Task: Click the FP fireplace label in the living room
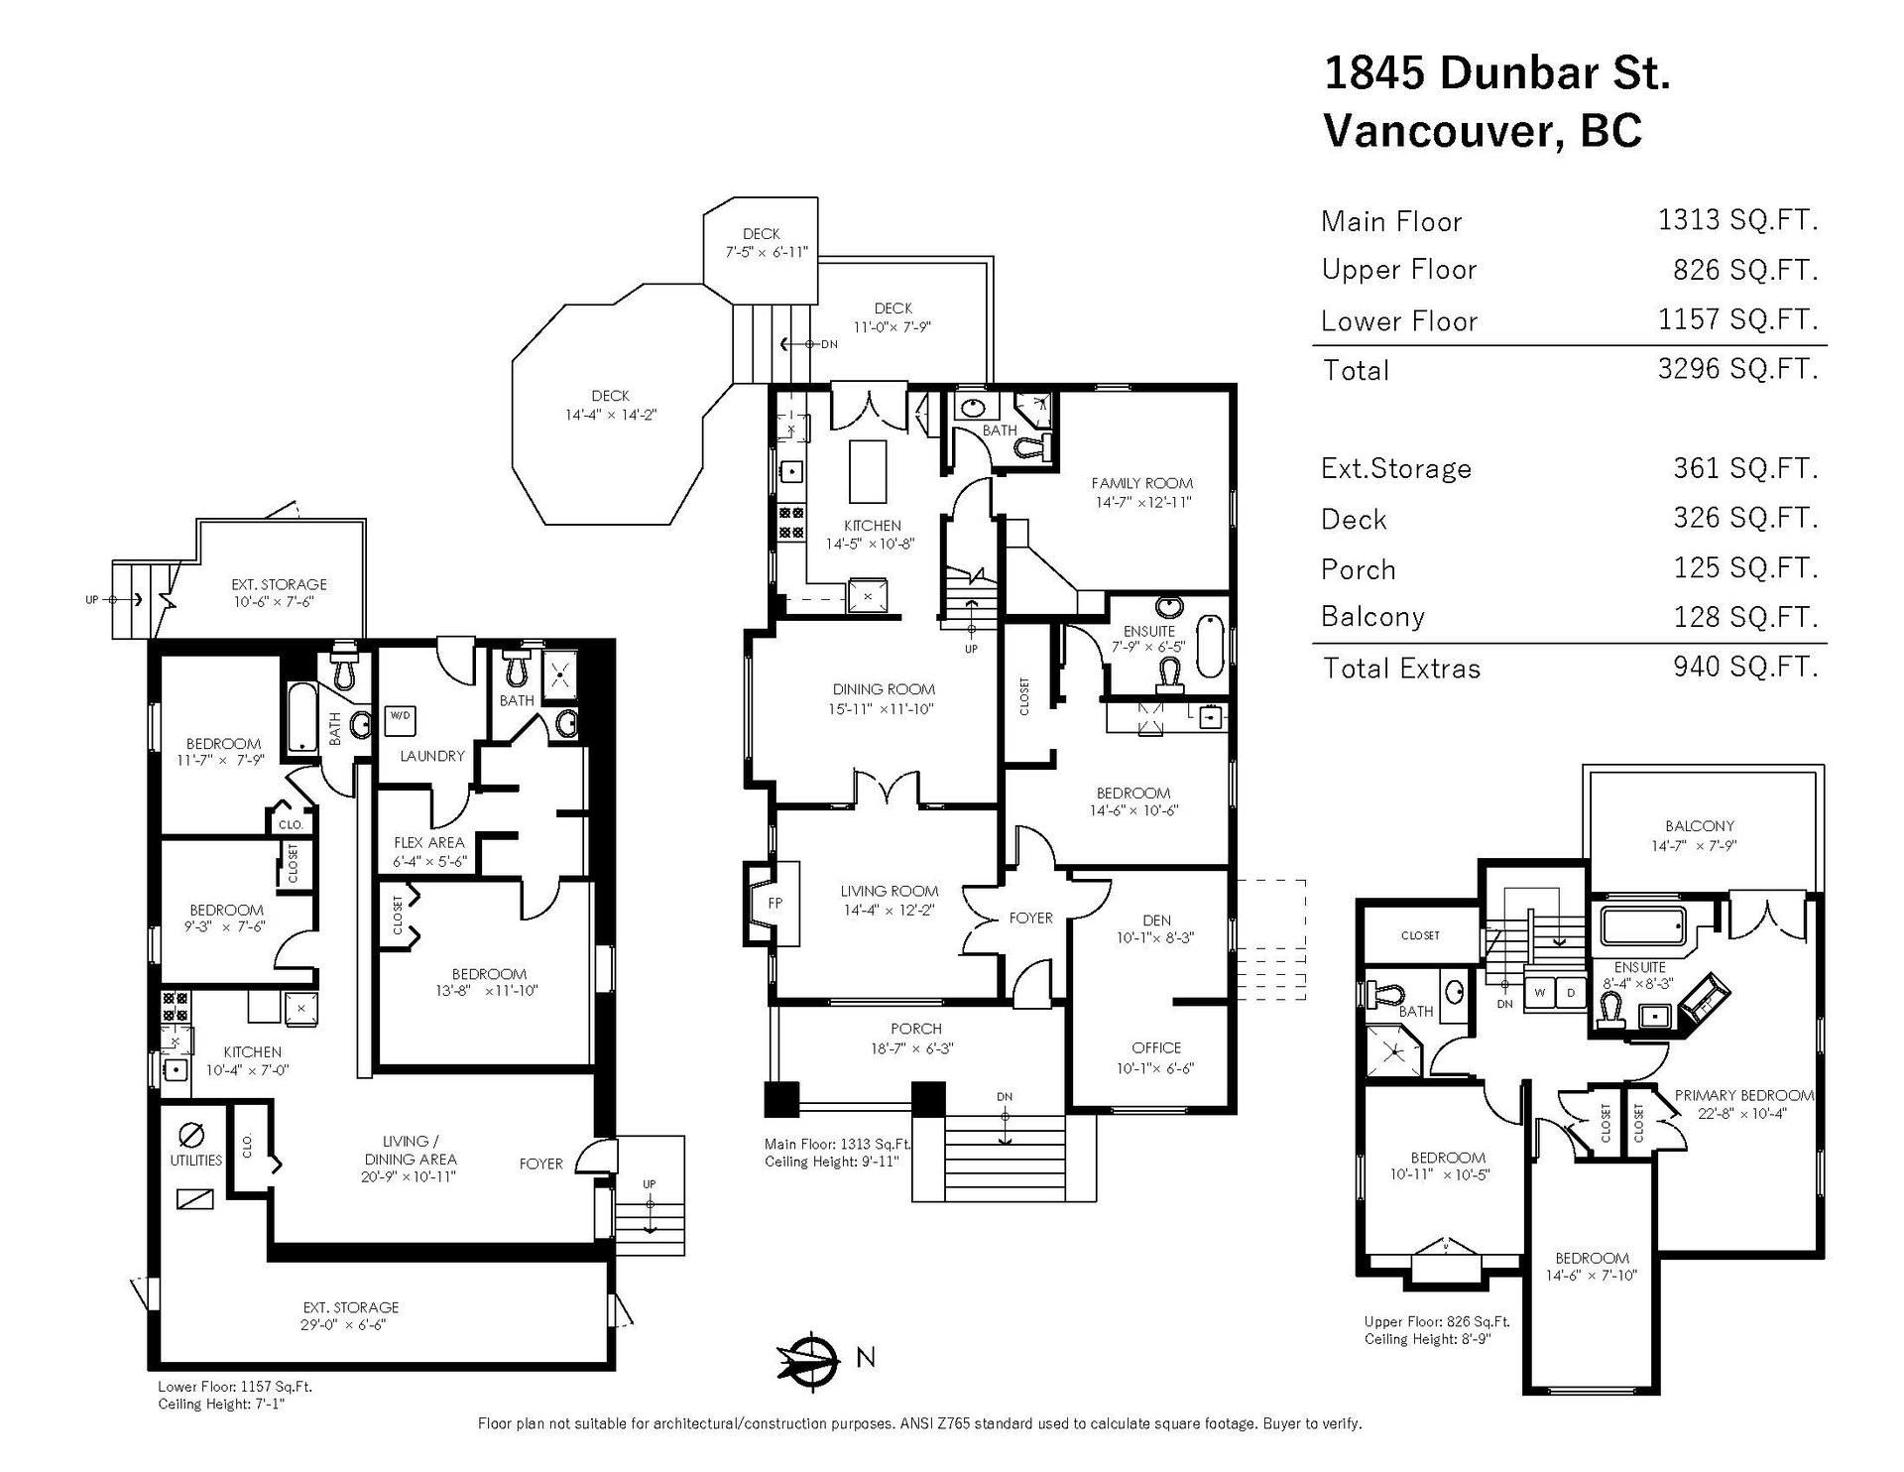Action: tap(774, 905)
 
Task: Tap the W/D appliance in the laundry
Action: tap(400, 715)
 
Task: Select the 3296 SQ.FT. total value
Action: tap(1737, 369)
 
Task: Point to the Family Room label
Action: tap(1141, 483)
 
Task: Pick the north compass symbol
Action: tap(809, 1357)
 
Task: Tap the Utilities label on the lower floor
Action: tap(195, 1161)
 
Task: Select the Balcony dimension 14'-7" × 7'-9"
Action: tap(1699, 846)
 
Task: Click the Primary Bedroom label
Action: tap(1743, 1095)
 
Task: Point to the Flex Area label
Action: tap(428, 842)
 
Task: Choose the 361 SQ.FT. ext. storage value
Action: tap(1745, 468)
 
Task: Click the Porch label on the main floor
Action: tap(915, 1029)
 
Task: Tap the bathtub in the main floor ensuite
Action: tap(1211, 647)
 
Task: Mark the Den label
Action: tap(1156, 920)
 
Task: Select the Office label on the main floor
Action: tap(1156, 1047)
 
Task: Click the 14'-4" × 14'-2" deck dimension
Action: tap(610, 415)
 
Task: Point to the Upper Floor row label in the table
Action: tap(1398, 270)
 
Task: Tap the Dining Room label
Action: tap(884, 689)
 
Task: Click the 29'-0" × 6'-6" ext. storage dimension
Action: tap(351, 1324)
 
